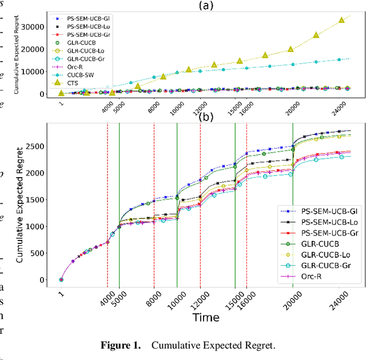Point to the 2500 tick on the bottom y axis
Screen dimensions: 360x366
click(x=41, y=146)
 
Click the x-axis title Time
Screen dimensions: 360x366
click(x=205, y=317)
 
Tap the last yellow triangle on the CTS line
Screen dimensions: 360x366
click(x=341, y=19)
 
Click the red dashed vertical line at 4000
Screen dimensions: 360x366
click(x=108, y=200)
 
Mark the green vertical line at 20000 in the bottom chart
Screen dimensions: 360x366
click(x=293, y=200)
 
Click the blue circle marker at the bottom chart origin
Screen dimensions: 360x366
click(x=61, y=280)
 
